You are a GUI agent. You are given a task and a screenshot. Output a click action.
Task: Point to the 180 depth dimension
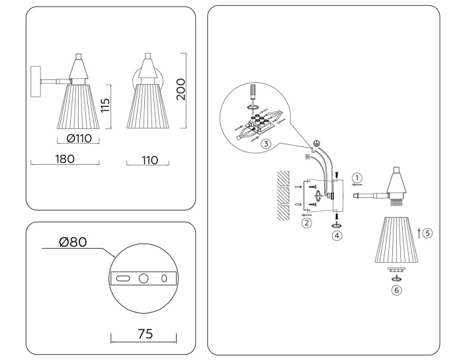click(65, 158)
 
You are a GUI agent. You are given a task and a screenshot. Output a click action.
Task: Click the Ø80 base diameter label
click(73, 242)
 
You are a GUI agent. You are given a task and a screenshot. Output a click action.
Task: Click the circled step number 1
click(357, 177)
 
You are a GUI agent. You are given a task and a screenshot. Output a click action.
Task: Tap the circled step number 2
click(306, 223)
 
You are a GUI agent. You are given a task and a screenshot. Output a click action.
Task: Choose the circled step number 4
click(337, 235)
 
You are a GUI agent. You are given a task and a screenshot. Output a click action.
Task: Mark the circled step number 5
click(427, 232)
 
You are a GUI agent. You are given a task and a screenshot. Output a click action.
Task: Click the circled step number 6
click(396, 289)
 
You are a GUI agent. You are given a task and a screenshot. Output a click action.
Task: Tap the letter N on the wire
click(307, 157)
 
